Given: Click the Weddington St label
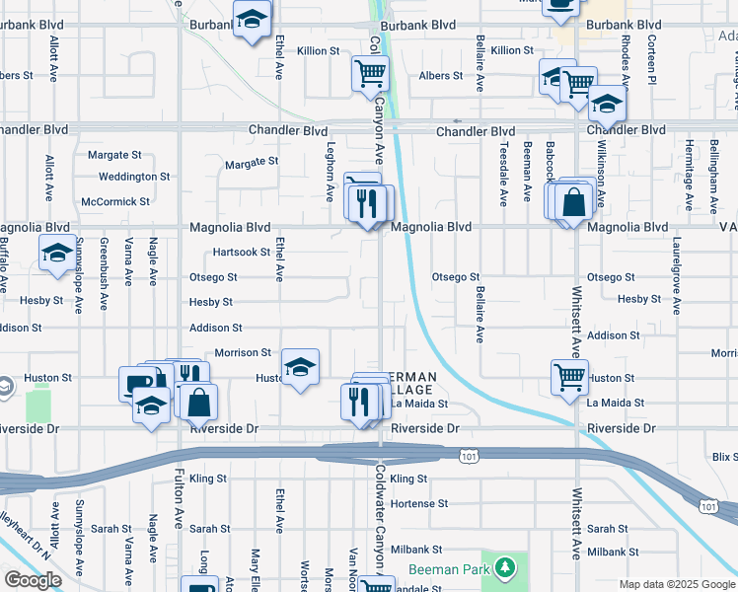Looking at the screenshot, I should [133, 177].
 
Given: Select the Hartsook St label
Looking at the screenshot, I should [241, 252].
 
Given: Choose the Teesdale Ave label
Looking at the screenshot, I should [503, 174].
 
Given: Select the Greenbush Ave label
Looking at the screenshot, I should [105, 281].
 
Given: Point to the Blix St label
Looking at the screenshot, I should [724, 456].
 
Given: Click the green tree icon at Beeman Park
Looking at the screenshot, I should [505, 568].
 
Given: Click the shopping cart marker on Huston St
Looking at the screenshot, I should [570, 376].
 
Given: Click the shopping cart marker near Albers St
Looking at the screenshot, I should [371, 72].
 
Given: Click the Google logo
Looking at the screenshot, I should [33, 580].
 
